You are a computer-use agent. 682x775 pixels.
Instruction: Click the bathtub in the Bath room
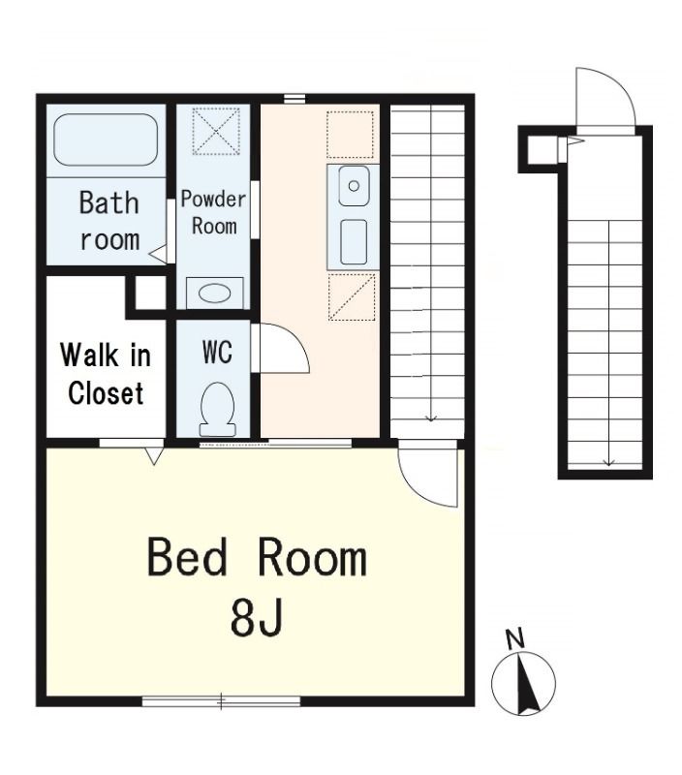(x=106, y=139)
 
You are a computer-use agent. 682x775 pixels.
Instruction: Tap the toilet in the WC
(x=217, y=409)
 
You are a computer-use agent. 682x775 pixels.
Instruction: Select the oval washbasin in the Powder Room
(x=214, y=294)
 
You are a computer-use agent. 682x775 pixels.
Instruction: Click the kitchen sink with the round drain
(x=354, y=186)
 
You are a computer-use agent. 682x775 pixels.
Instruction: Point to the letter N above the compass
(x=515, y=639)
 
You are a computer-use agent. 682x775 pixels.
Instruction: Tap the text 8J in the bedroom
(x=257, y=617)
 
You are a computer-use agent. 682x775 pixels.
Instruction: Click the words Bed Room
(x=257, y=558)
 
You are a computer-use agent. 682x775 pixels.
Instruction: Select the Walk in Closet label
(x=106, y=374)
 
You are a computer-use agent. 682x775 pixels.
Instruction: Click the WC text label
(x=217, y=353)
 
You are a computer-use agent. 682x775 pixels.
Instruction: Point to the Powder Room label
(x=213, y=212)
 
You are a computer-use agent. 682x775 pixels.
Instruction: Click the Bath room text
(x=109, y=221)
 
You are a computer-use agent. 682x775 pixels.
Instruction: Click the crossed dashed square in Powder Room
(x=216, y=131)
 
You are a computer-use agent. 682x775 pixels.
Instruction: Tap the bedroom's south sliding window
(x=221, y=700)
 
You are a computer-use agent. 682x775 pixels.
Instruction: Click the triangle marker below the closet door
(x=154, y=456)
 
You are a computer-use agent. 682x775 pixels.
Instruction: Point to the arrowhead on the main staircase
(x=431, y=418)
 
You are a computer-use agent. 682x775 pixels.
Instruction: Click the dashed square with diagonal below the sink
(x=352, y=297)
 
